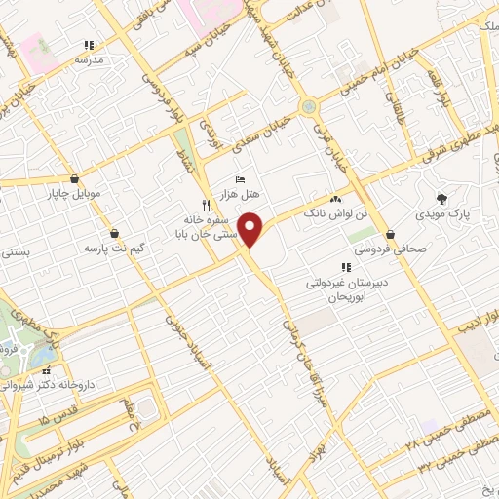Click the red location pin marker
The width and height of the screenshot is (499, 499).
coord(251,228)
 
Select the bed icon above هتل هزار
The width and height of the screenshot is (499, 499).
coord(241,179)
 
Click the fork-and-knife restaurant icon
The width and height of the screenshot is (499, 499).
coord(205,205)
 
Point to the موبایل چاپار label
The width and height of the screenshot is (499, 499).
coord(76,191)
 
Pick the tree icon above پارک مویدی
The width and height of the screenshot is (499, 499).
coord(443,197)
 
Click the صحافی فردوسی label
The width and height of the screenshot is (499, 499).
coord(397,248)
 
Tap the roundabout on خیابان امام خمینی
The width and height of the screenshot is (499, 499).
coord(309,106)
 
